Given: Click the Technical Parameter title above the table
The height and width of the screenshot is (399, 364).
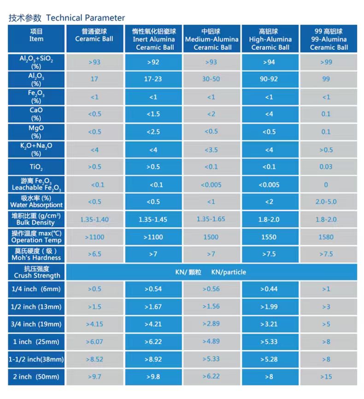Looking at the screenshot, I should click(67, 18).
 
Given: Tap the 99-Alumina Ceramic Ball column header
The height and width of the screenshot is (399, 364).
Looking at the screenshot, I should click(329, 39).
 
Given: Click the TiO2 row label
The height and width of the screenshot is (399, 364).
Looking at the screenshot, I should click(36, 167).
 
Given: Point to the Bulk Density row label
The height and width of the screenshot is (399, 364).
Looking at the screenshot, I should click(36, 219).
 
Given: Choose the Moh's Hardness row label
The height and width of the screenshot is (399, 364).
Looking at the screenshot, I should click(36, 254).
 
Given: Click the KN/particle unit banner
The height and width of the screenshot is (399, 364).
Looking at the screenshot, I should click(211, 272).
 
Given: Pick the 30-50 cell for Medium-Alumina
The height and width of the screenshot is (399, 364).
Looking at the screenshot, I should click(211, 79).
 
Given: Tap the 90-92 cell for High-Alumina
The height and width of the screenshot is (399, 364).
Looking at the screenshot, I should click(269, 79).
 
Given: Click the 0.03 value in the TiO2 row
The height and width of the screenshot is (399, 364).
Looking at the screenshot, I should click(326, 167).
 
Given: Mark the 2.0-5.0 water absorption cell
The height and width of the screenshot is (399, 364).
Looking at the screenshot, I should click(326, 202).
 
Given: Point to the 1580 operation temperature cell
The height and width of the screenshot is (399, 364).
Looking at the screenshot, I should click(326, 237).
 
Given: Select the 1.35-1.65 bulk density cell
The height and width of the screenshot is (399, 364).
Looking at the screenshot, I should click(211, 219).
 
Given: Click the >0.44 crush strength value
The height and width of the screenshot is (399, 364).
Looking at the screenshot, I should click(269, 289).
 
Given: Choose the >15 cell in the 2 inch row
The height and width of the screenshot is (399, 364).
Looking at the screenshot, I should click(326, 377).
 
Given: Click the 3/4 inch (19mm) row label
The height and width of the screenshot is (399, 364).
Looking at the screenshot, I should click(36, 324).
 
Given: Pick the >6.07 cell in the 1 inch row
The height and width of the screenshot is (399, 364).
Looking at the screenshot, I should click(94, 341).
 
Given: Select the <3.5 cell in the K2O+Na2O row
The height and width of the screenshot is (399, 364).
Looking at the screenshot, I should click(211, 150).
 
